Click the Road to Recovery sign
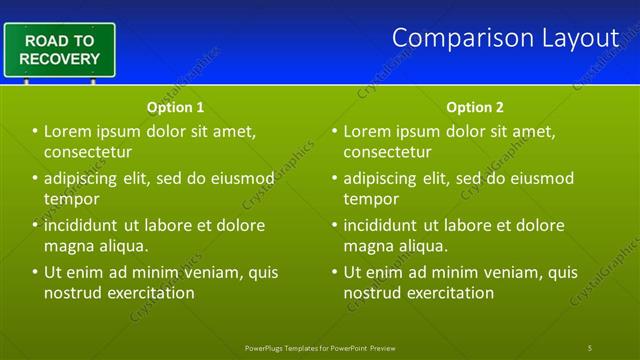59,49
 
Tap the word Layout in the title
580,37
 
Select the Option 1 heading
176,107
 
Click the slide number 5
590,347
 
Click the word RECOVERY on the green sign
60,58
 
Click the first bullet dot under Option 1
35,131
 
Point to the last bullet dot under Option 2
334,272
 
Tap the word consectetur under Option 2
388,152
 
